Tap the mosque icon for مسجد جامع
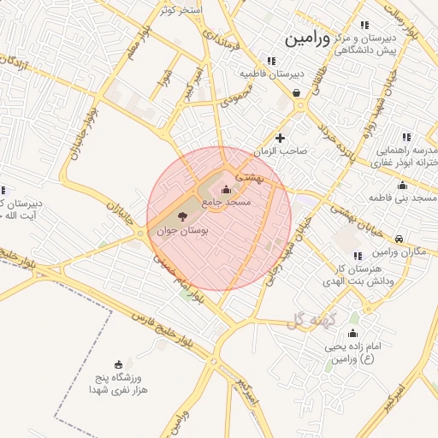[x=226, y=189]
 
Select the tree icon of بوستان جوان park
[x=184, y=217]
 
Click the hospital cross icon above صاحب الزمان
[x=280, y=138]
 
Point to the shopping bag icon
[x=297, y=93]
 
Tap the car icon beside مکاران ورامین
[x=400, y=239]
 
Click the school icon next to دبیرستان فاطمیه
[x=271, y=61]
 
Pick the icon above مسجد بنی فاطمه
[x=402, y=186]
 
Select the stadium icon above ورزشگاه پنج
[x=118, y=364]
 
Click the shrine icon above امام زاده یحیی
[x=353, y=334]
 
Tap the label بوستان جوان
[x=183, y=231]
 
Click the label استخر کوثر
[x=181, y=10]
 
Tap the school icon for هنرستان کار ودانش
[x=357, y=257]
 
